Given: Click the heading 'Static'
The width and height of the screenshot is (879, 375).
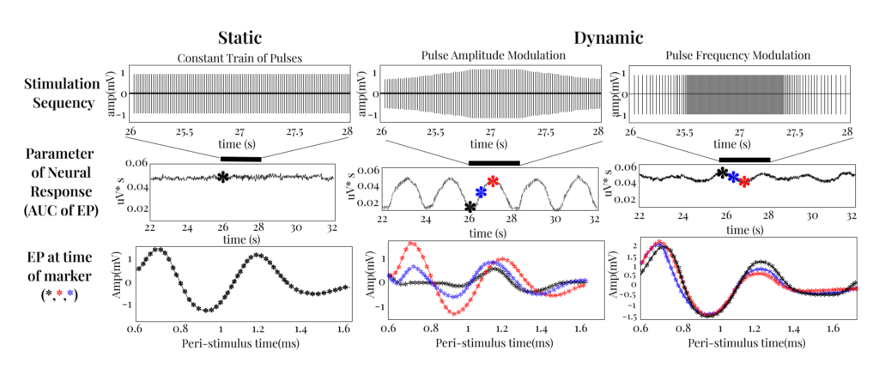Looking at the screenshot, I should [x=239, y=38].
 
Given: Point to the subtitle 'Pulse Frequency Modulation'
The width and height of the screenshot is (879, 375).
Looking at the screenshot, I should [x=739, y=57].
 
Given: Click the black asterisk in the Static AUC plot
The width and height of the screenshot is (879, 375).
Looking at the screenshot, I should [x=223, y=177].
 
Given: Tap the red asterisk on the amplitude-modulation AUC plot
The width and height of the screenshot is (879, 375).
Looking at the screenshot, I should [x=492, y=181].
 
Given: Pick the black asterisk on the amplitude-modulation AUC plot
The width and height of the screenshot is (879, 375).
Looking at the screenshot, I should [x=469, y=207].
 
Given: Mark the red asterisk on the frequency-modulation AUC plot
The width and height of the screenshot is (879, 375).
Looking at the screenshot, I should [x=744, y=181].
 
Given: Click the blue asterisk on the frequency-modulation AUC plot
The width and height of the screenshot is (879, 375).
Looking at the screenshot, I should [x=733, y=176].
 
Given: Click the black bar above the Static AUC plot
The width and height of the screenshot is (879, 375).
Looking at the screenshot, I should [x=240, y=158].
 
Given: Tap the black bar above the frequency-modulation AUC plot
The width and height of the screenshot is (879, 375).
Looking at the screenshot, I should [x=743, y=159].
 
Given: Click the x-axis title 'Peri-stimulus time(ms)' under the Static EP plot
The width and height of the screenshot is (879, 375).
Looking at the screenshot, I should [x=239, y=343].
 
